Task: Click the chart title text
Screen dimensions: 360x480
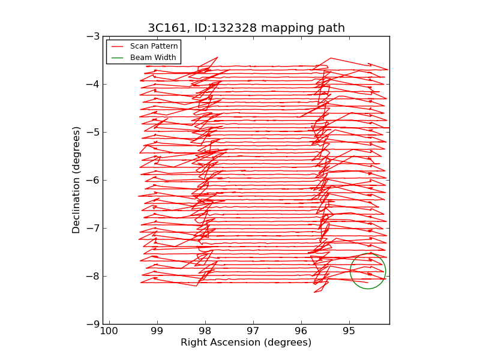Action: point(246,28)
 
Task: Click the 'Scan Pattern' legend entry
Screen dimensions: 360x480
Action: point(154,46)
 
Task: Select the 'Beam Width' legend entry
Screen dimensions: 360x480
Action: point(153,58)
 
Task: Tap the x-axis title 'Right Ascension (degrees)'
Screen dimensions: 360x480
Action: point(246,343)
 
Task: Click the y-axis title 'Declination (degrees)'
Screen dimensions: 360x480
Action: point(77,180)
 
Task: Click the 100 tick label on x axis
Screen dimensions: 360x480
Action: point(109,331)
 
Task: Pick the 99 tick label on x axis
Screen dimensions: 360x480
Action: point(157,331)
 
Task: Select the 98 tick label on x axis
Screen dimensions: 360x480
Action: point(205,331)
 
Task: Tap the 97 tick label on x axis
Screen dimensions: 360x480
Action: point(253,331)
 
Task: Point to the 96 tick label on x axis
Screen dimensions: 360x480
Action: point(301,331)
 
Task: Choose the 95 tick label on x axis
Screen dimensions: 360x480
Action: point(349,331)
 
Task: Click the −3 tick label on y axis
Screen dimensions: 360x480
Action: point(92,36)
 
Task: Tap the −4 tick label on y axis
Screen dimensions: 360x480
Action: point(92,84)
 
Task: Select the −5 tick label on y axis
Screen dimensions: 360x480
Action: point(92,132)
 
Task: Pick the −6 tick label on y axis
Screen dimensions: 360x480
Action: point(92,180)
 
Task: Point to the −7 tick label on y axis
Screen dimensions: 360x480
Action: point(92,228)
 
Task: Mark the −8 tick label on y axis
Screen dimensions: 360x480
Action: point(92,276)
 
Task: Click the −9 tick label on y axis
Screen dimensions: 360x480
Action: point(92,324)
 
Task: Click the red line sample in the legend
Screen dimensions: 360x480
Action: point(118,46)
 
